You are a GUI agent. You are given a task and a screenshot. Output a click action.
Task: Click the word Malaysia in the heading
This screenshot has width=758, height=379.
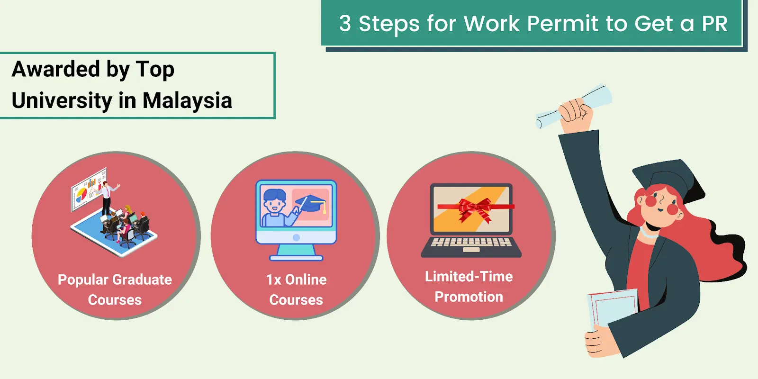coord(187,100)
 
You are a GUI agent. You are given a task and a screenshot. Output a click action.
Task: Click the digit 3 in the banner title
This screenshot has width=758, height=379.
coord(345,24)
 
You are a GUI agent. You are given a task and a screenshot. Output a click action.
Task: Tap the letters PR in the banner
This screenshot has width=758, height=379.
coord(714,24)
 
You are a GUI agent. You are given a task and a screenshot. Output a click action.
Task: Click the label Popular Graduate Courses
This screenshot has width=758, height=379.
coord(115,289)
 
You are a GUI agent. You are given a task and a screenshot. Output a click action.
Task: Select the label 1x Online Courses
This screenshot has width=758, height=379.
coord(296,289)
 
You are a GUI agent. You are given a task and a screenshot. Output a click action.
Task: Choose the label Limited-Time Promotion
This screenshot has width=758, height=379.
coord(469,287)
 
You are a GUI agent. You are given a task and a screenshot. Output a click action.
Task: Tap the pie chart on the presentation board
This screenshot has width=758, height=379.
coord(81,194)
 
